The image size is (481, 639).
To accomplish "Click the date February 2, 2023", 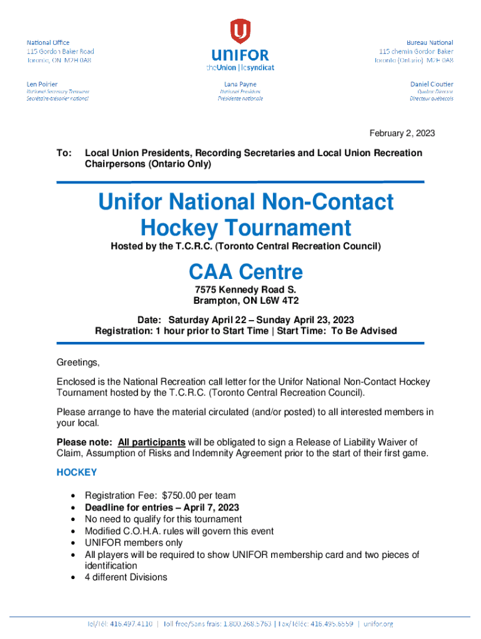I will [x=402, y=134].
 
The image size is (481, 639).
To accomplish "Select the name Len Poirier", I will [x=42, y=84].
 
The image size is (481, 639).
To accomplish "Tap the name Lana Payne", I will [x=240, y=84].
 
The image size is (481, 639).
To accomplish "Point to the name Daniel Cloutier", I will [x=432, y=84].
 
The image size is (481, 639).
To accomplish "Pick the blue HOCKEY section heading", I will [x=76, y=472].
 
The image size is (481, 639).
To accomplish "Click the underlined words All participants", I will [x=151, y=442].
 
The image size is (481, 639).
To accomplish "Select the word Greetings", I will [x=78, y=363].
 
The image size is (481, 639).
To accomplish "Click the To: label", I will [x=64, y=153].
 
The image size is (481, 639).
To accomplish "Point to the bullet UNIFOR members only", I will [x=134, y=543].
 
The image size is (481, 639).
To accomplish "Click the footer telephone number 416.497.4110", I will [x=135, y=624].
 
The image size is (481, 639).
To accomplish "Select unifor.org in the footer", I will [x=378, y=624].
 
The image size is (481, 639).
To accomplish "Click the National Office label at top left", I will [x=48, y=42].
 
